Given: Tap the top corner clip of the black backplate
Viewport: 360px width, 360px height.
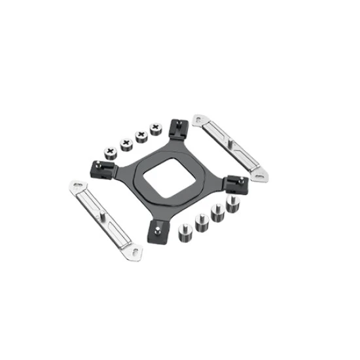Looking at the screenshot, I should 177,128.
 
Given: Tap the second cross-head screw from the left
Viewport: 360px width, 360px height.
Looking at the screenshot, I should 123,143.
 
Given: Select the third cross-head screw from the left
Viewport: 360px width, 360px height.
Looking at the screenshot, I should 139,135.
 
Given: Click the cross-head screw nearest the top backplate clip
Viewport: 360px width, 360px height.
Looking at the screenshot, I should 156,128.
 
